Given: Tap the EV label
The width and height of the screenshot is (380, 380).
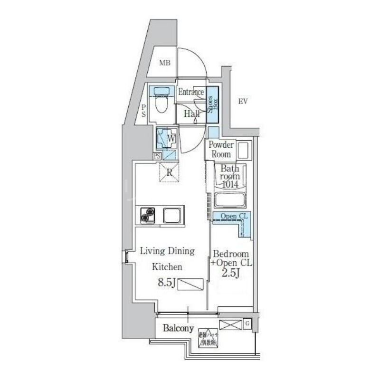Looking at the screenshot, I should tap(244, 101).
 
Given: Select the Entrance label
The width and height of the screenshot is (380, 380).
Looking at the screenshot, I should tap(191, 92).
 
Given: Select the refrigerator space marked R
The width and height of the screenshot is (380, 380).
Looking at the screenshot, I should tap(170, 172).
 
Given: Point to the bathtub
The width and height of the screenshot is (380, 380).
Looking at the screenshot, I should tap(230, 199).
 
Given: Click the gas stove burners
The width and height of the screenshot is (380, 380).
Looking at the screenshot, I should tap(148, 216).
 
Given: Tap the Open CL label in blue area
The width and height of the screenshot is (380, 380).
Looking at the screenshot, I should tap(232, 217).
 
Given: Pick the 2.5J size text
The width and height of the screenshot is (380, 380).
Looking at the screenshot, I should tap(230, 273).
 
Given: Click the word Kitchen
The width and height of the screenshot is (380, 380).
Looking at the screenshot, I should tap(167, 267).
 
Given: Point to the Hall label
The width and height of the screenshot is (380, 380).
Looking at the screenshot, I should tap(191, 114).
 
